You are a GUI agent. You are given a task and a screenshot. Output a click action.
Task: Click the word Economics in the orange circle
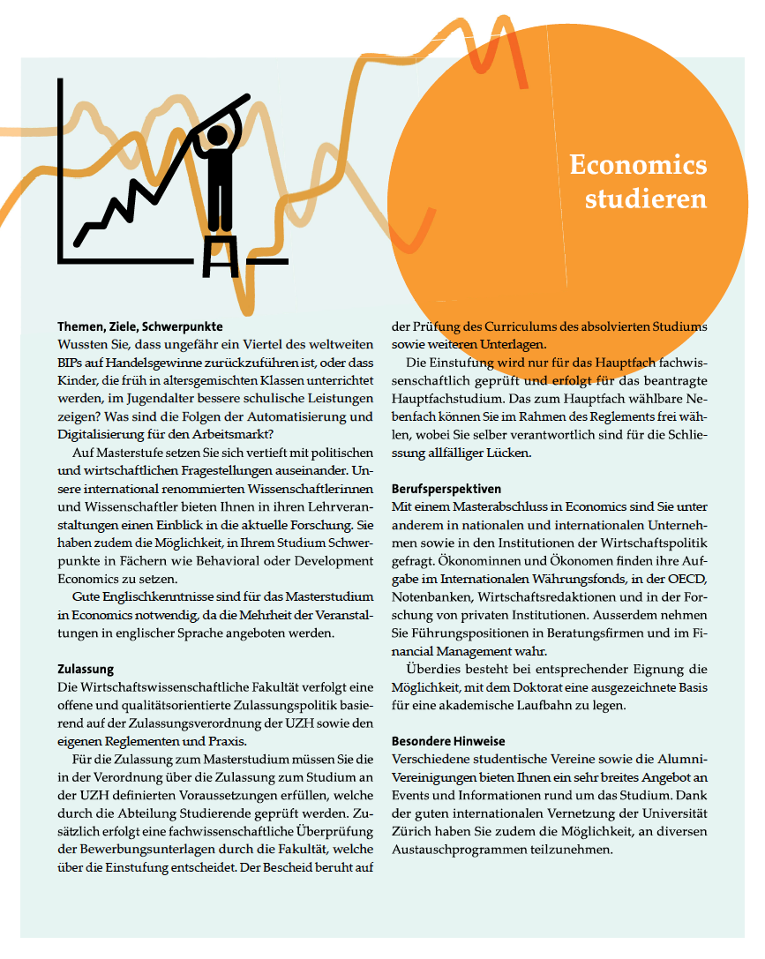[x=638, y=165]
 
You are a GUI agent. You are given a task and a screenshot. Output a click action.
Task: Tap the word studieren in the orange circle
[x=646, y=199]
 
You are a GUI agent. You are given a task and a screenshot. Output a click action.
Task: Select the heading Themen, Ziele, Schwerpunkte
[x=140, y=326]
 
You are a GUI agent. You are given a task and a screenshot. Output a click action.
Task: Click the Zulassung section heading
[x=86, y=670]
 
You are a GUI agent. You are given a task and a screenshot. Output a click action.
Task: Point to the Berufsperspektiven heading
[x=446, y=488]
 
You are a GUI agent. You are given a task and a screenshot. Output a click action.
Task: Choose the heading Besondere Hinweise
[x=448, y=741]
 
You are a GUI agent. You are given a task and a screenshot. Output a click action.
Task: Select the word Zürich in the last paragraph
[x=417, y=833]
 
